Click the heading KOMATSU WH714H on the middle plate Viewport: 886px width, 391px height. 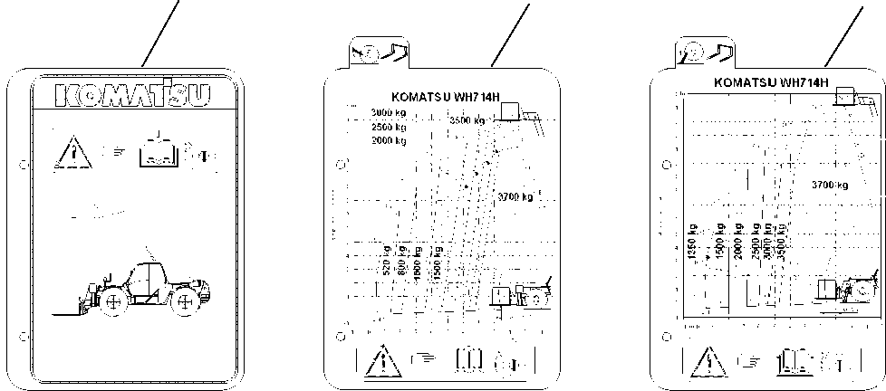point(445,98)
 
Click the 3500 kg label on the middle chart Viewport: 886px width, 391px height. point(467,119)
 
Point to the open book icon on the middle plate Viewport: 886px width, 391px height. point(468,360)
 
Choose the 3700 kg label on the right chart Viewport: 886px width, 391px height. point(829,185)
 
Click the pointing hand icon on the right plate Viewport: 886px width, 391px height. point(747,362)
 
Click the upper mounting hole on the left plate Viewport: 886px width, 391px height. point(22,165)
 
